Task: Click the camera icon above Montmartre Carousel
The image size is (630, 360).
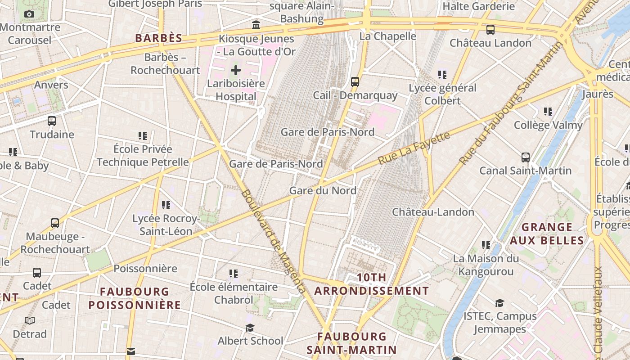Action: [29, 14]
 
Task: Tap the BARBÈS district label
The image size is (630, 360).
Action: [159, 38]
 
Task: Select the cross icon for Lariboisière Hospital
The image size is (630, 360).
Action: [236, 70]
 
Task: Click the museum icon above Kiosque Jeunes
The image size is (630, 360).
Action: [256, 25]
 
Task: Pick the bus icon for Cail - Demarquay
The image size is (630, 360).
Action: [355, 82]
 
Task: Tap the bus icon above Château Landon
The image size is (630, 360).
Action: [490, 30]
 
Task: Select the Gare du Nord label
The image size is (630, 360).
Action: [323, 190]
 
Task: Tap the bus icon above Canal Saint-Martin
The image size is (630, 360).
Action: [525, 157]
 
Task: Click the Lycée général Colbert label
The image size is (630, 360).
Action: [443, 94]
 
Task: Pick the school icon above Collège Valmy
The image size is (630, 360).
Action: [548, 111]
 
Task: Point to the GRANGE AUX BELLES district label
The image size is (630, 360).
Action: [547, 234]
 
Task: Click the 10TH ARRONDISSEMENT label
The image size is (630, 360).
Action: [372, 284]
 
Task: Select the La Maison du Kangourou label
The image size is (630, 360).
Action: [486, 265]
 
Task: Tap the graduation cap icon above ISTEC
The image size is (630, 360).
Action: [499, 302]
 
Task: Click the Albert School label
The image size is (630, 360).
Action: [250, 341]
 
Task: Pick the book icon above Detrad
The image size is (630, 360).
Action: [30, 320]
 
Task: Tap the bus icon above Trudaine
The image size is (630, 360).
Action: [52, 121]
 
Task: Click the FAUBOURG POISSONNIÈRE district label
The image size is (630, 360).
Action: [135, 298]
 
